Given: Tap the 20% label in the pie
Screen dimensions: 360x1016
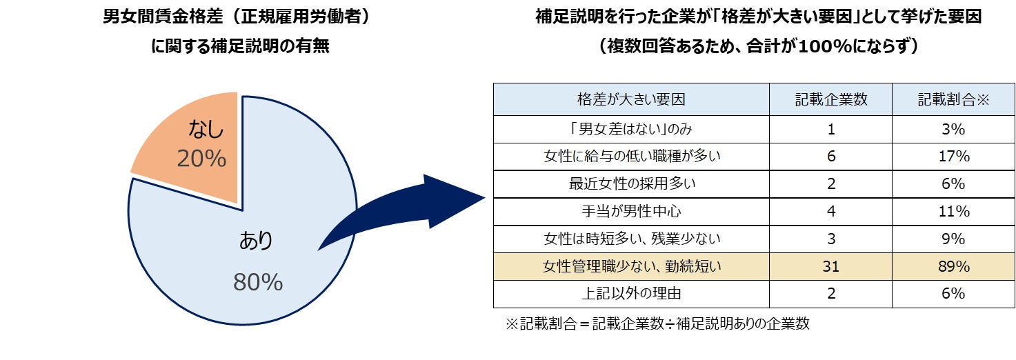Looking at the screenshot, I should coord(201,159).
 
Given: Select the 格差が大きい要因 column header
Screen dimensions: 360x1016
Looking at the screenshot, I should coord(631,99).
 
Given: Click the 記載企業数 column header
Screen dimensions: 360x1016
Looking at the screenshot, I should coord(830,99).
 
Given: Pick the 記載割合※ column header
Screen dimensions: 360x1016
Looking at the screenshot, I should coord(953,99).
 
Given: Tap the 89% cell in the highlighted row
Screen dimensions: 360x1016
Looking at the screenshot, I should coord(953,266).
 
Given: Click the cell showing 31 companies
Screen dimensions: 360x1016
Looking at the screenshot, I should coord(830,266).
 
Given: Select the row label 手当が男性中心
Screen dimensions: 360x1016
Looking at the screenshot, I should coord(631,211).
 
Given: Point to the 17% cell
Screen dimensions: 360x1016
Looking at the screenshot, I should coord(953,157).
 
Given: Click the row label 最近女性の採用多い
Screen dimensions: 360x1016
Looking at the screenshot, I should coord(631,184).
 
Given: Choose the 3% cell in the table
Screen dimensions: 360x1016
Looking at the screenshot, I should coord(953,129).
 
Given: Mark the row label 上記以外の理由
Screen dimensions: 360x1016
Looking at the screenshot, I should coord(631,294).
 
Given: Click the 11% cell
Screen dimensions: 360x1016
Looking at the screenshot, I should coord(953,211).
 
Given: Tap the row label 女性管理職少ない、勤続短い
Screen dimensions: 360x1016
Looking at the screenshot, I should coord(631,266).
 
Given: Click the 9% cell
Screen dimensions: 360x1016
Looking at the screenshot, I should coord(953,239).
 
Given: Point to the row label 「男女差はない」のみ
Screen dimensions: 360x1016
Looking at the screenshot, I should coord(631,129).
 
